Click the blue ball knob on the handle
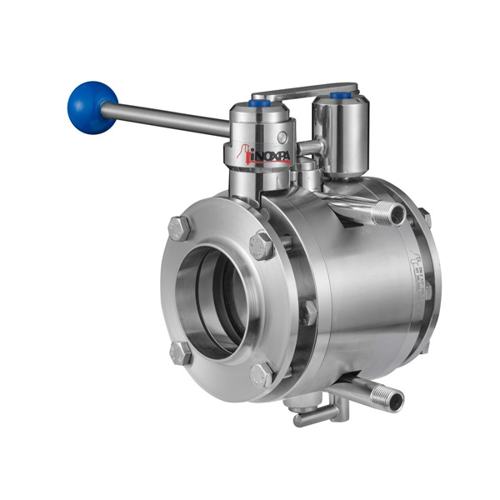tap(92, 106)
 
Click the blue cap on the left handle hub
tap(261, 104)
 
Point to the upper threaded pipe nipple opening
tap(397, 214)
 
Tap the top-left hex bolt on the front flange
tap(179, 227)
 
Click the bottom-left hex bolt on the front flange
tap(180, 352)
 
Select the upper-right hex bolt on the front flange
tap(262, 245)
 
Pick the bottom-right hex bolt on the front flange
tap(262, 375)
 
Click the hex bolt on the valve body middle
tap(308, 312)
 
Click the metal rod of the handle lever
tap(167, 119)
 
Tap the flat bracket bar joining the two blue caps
tap(304, 89)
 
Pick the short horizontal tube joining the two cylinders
tap(310, 147)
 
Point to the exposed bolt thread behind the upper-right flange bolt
tap(284, 242)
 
